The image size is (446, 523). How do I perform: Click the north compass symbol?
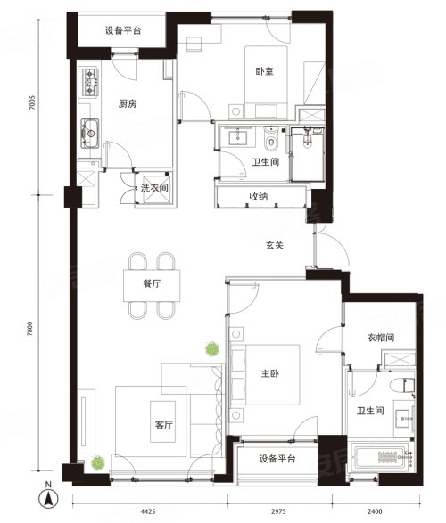click(48, 499)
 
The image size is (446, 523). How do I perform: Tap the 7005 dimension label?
click(32, 103)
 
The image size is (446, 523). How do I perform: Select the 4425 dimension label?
click(147, 511)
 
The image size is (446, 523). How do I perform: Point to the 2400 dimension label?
click(375, 511)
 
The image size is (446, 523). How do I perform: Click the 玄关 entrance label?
click(275, 246)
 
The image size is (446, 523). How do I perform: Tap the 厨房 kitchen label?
click(128, 103)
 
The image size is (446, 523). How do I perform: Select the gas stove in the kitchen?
click(90, 82)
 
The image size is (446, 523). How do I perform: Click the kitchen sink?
click(90, 134)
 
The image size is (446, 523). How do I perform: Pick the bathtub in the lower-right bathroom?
click(381, 457)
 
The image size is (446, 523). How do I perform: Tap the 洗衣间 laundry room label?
click(154, 188)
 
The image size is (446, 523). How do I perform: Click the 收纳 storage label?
click(259, 196)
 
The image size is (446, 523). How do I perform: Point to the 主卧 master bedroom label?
click(269, 373)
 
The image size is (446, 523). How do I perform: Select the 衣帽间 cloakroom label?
click(381, 338)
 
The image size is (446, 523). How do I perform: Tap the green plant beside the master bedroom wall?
click(212, 349)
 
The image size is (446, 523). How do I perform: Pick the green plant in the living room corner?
click(98, 463)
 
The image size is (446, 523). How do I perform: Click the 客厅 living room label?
click(164, 425)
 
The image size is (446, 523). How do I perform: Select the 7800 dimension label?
click(30, 329)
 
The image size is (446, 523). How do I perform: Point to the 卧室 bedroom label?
click(265, 71)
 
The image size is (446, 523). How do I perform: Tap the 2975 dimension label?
click(278, 511)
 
